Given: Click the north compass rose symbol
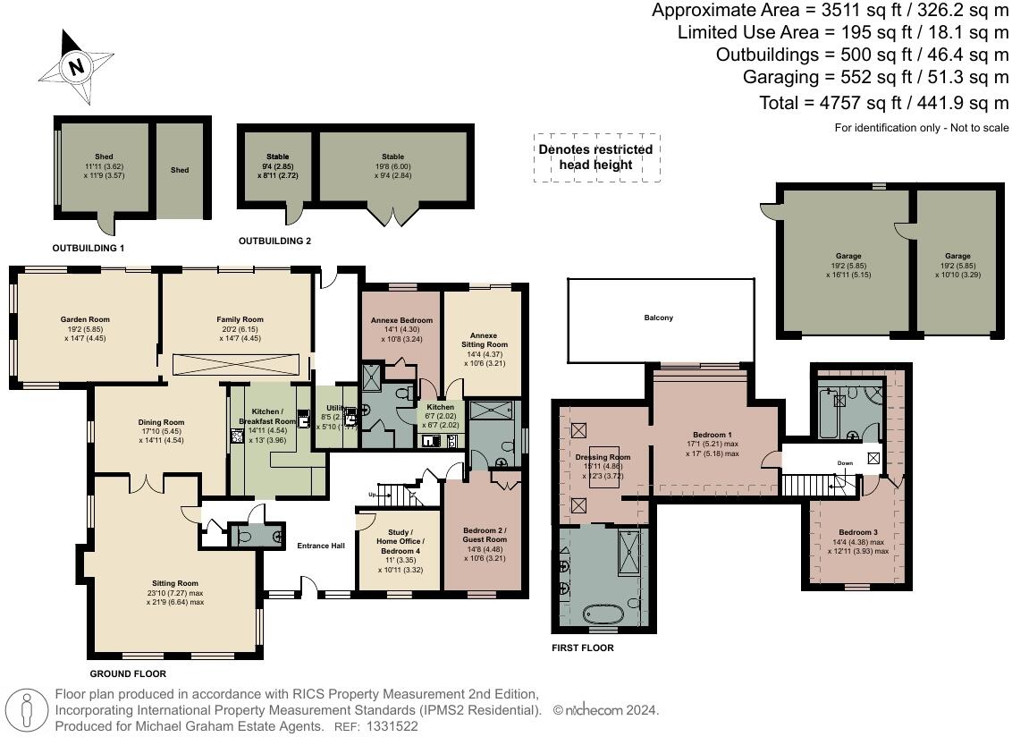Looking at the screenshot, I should point(76,67).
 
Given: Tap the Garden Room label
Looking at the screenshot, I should point(86,319).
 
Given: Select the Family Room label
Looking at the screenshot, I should point(240,319).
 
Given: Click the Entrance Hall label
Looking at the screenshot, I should point(321,546).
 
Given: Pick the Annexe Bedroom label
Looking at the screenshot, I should point(401,320).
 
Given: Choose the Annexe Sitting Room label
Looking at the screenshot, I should point(484,339).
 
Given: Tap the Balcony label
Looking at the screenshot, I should point(658,318).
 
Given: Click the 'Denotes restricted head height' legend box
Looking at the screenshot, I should point(595,157).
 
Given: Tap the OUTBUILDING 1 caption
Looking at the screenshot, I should point(88,247).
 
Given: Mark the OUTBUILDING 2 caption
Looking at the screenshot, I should point(274,241).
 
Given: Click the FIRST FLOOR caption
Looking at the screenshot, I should point(583,648).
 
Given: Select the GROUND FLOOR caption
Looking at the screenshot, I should point(128,673).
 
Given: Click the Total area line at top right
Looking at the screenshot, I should point(883,103).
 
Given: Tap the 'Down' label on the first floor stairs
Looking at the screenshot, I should point(845,463).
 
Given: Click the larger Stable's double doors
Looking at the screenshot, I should point(392,216).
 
